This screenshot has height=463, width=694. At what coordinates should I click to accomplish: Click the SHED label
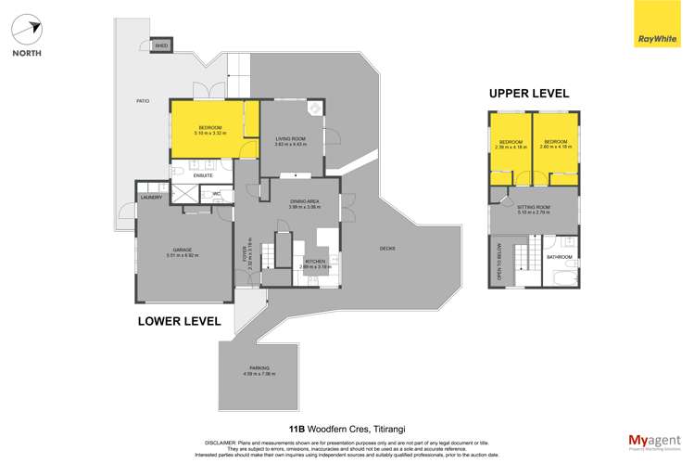(161, 45)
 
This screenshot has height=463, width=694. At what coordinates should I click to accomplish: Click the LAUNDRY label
(151, 197)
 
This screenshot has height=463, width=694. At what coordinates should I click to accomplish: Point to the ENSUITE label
(203, 174)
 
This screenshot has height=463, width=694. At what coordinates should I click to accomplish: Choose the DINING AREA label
(304, 201)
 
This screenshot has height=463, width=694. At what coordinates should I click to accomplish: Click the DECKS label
(388, 248)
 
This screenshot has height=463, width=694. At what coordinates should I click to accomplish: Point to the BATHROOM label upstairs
(559, 256)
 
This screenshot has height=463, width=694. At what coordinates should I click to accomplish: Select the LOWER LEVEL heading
(179, 321)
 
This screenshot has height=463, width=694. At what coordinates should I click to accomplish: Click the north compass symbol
(27, 29)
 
